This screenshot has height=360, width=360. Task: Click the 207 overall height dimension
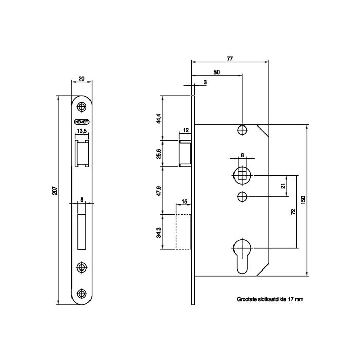tap(55, 190)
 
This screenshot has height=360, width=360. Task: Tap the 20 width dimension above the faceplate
tap(81, 79)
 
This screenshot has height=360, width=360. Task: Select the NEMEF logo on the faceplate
tap(82, 122)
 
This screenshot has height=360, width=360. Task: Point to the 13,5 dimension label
tap(82, 131)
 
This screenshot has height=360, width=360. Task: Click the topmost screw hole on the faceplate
tap(81, 106)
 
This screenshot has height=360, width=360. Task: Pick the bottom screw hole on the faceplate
tap(81, 293)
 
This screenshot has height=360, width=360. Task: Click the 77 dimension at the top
tap(230, 59)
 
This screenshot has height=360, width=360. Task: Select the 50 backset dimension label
tap(217, 72)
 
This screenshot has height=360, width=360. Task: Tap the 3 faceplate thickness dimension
tap(205, 82)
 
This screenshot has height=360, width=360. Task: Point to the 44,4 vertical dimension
tap(159, 119)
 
